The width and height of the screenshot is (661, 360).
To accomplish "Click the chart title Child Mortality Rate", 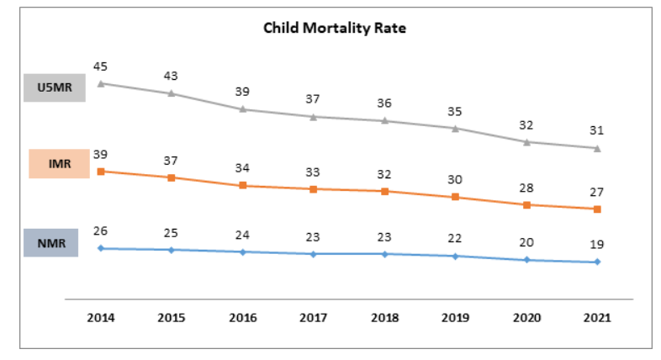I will [x=336, y=28].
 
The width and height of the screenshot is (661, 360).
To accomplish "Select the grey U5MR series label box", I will [x=55, y=87].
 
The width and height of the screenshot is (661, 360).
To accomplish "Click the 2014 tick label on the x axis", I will [x=101, y=318].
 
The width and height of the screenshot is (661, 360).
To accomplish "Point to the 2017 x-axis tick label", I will [x=313, y=318].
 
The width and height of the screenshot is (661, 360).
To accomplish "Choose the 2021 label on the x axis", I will [x=597, y=318].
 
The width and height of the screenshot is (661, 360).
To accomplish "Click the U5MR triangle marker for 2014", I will [x=101, y=83].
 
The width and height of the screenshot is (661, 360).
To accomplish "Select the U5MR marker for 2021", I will [x=597, y=148].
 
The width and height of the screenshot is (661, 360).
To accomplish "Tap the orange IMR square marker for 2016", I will [x=242, y=185].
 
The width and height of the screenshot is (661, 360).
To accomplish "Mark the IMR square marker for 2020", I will [x=526, y=204].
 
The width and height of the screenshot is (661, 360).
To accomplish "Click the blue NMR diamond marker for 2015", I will [x=172, y=250].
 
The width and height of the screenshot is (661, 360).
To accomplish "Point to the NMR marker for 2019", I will [x=455, y=256].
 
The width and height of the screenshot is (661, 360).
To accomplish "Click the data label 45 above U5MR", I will [x=101, y=66].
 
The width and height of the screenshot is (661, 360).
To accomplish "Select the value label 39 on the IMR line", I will [x=101, y=154].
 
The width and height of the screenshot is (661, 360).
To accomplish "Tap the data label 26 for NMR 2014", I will [x=101, y=230].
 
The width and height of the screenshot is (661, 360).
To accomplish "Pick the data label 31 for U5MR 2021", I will [x=597, y=130].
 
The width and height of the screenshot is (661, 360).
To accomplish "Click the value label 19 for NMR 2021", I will [x=597, y=244].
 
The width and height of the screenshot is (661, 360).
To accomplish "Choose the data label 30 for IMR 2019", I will [x=455, y=179].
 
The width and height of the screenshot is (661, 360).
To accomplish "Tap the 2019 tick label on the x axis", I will [x=455, y=318].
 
